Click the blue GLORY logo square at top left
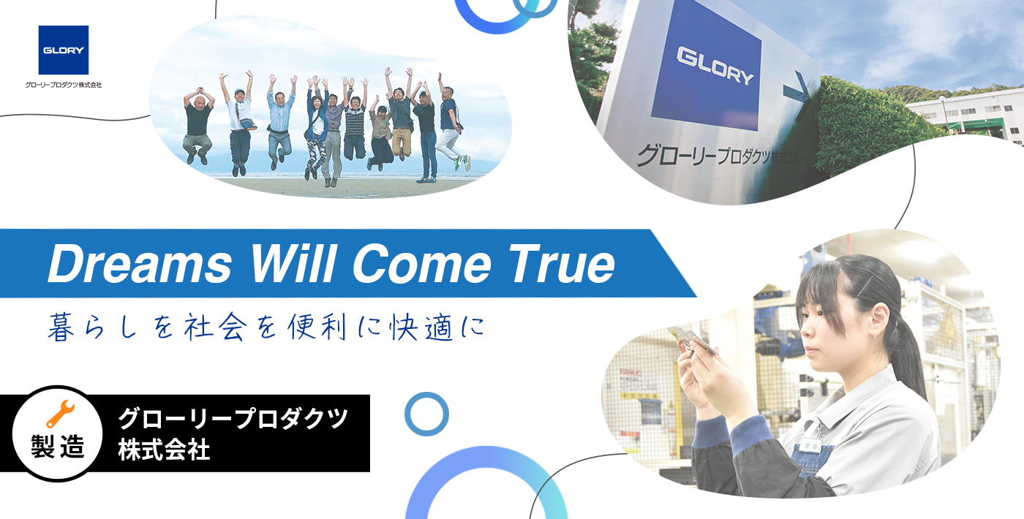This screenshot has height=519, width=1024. pos(64,50)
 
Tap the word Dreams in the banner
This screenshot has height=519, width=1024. pos(140,264)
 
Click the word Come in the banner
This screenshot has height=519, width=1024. pos(422,264)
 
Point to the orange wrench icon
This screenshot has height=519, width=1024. pos(60,414)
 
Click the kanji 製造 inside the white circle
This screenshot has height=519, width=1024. pos(58,447)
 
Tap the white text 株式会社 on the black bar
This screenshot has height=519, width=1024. pos(164,450)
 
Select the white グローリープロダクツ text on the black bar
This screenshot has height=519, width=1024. pos(233,418)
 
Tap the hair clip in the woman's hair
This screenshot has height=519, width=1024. pos(865,287)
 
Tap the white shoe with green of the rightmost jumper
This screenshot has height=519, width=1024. pos(462,162)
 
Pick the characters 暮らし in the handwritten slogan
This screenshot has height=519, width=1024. pos(92,327)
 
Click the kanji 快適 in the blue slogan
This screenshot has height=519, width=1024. pos(421,327)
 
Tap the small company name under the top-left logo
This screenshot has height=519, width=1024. pos(64,85)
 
